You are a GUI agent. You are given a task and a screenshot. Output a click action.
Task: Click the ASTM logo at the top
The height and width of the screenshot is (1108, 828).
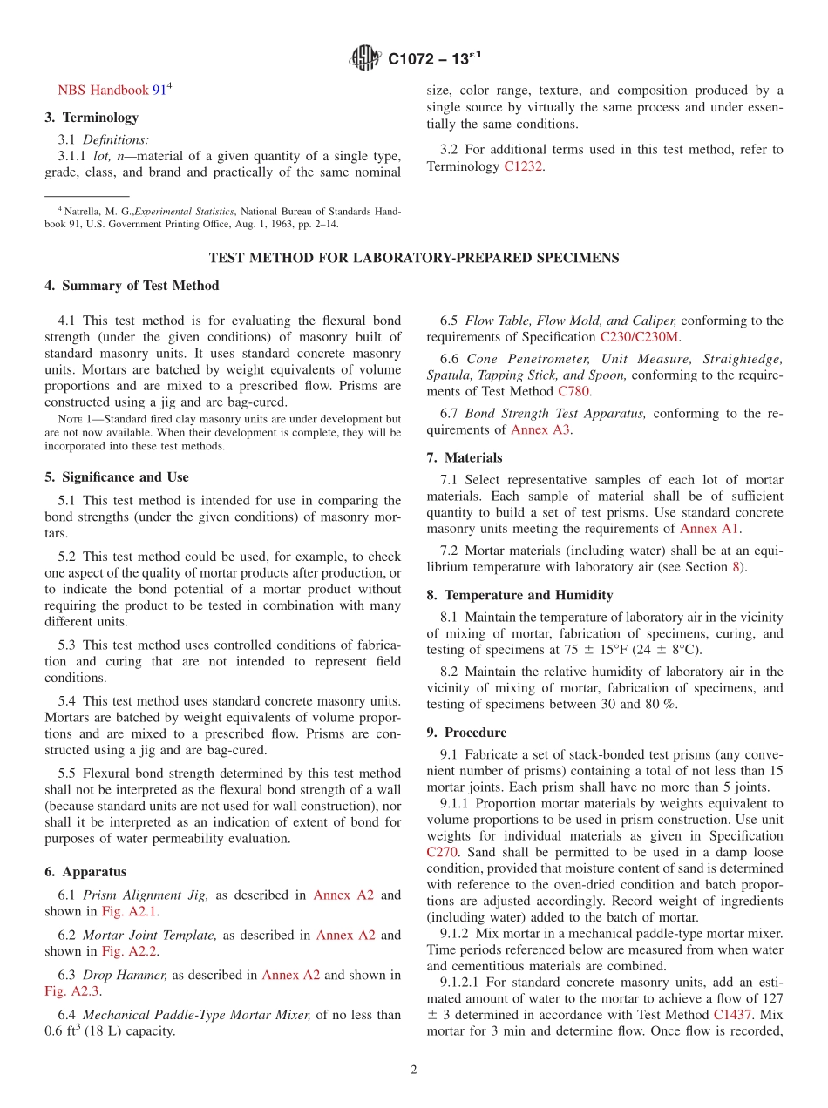[x=365, y=58]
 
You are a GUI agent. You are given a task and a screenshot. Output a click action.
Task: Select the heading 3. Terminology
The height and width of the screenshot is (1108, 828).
[x=92, y=118]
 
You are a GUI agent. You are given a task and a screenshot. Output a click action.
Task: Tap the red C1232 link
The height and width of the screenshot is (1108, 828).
[x=524, y=166]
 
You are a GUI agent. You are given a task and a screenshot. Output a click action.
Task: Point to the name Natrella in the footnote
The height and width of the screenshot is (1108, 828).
[x=83, y=211]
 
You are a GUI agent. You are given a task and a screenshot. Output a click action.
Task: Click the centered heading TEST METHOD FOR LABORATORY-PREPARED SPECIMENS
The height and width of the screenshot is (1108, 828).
[x=414, y=258]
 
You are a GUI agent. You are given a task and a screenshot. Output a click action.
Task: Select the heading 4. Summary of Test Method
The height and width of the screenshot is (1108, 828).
[x=132, y=286]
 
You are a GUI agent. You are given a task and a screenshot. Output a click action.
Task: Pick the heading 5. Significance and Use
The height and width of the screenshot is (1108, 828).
[x=117, y=477]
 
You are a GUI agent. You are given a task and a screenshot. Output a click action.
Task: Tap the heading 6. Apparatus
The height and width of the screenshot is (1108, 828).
[x=85, y=872]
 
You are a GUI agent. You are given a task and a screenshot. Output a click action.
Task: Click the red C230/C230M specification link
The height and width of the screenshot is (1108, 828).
[x=639, y=337]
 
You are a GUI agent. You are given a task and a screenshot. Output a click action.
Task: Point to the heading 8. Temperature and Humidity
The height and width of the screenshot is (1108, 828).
[x=519, y=596]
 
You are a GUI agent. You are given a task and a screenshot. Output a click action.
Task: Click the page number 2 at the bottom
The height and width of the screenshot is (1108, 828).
[x=414, y=1071]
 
